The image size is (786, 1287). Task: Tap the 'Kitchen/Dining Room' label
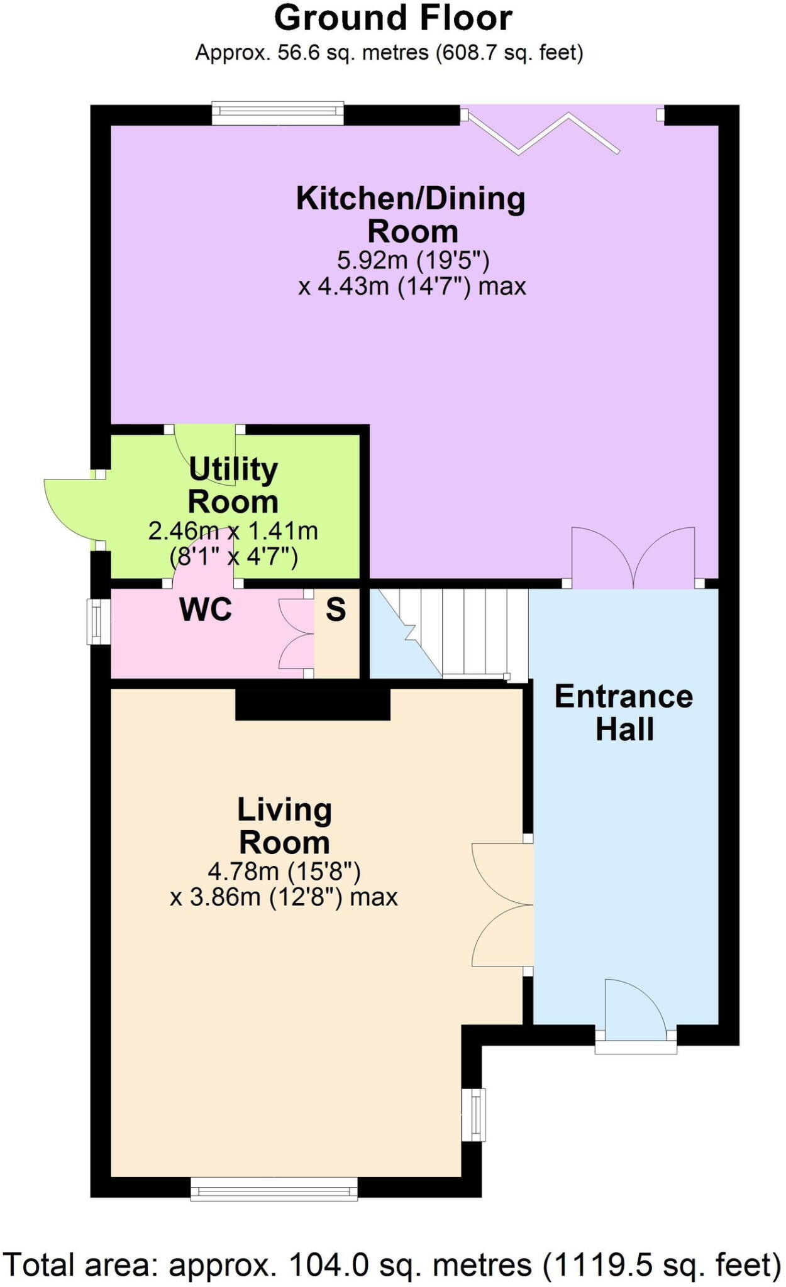pyautogui.click(x=411, y=215)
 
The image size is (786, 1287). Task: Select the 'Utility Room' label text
pyautogui.click(x=233, y=485)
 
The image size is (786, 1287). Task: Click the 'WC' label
pyautogui.click(x=206, y=609)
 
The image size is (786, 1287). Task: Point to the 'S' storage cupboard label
pyautogui.click(x=336, y=609)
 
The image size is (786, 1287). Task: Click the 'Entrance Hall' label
pyautogui.click(x=624, y=713)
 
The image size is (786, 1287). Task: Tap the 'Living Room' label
pyautogui.click(x=285, y=826)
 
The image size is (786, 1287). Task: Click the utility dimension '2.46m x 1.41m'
pyautogui.click(x=233, y=531)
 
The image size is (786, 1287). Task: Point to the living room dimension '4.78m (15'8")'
pyautogui.click(x=284, y=871)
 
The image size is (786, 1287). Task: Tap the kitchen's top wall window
pyautogui.click(x=278, y=113)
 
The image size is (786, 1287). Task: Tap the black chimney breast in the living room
pyautogui.click(x=313, y=704)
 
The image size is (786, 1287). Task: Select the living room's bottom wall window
pyautogui.click(x=274, y=1189)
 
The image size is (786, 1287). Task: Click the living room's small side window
pyautogui.click(x=474, y=1114)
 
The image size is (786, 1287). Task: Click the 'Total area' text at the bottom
pyautogui.click(x=393, y=1264)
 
